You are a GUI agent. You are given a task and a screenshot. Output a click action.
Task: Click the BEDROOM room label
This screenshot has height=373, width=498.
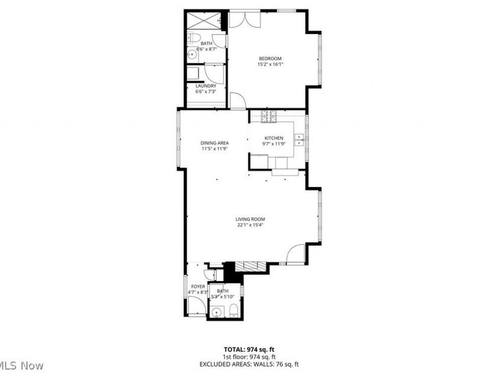pyautogui.click(x=270, y=58)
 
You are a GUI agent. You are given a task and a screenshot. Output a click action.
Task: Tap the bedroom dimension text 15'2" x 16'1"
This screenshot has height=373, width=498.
pyautogui.click(x=270, y=64)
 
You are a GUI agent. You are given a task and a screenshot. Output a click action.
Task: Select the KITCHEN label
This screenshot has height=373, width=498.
pyautogui.click(x=274, y=138)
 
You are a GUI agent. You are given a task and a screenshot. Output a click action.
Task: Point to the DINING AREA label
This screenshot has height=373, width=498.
pyautogui.click(x=214, y=143)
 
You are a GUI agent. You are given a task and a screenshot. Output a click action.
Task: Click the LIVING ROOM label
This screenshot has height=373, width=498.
pyautogui.click(x=250, y=219)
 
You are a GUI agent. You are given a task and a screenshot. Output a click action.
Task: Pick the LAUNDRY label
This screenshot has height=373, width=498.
pyautogui.click(x=205, y=86)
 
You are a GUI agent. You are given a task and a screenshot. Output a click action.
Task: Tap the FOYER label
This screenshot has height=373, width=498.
pyautogui.click(x=198, y=287)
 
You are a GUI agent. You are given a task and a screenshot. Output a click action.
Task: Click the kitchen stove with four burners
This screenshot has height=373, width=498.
pyautogui.click(x=268, y=116)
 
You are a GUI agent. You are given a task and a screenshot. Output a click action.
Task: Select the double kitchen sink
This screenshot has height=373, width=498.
pyautogui.click(x=299, y=139)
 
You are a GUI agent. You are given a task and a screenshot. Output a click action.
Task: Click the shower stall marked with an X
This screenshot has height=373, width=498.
pyautogui.click(x=200, y=20)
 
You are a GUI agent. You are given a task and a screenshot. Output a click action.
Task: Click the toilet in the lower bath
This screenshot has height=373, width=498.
pyautogui.click(x=232, y=310)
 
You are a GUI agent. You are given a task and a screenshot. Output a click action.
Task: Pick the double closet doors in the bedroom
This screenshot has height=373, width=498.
pyautogui.click(x=242, y=18)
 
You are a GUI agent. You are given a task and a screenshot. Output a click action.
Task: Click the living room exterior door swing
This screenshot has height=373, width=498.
pyautogui.click(x=296, y=254)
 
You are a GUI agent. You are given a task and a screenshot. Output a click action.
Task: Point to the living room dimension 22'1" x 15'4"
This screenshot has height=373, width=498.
pyautogui.click(x=250, y=225)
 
